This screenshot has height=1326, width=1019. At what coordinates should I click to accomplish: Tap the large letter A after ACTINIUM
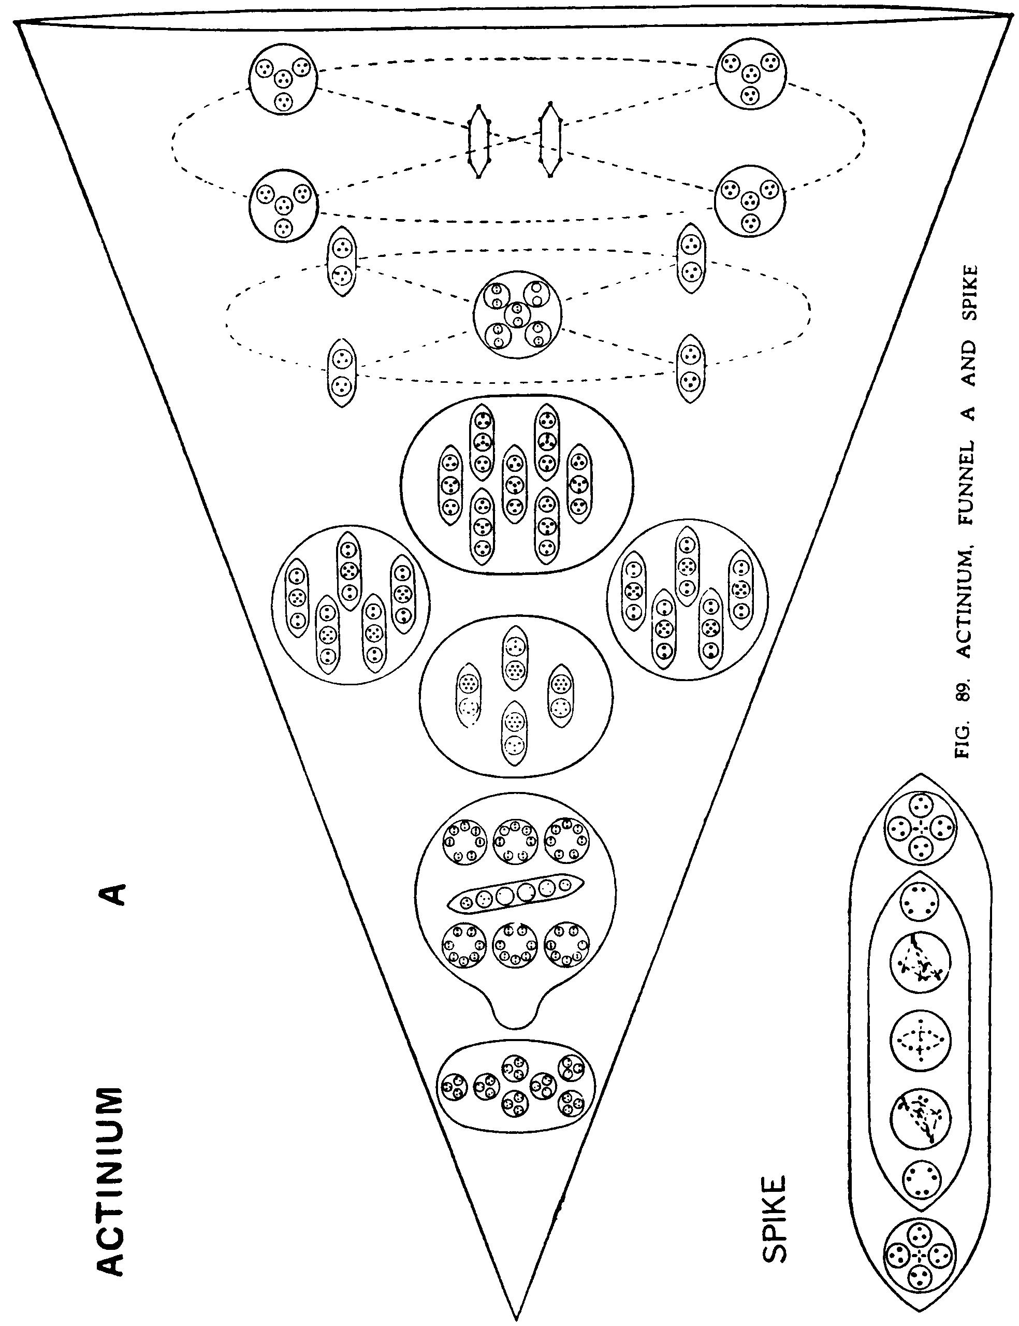click(113, 893)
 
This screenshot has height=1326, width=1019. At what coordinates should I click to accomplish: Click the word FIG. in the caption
click(965, 741)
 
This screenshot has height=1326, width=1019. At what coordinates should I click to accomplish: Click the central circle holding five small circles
click(517, 314)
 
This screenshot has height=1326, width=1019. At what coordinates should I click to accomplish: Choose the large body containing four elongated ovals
click(516, 697)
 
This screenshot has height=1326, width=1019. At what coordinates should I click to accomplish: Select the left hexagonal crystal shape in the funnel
click(479, 141)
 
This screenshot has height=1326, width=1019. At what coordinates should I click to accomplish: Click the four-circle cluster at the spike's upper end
click(920, 828)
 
